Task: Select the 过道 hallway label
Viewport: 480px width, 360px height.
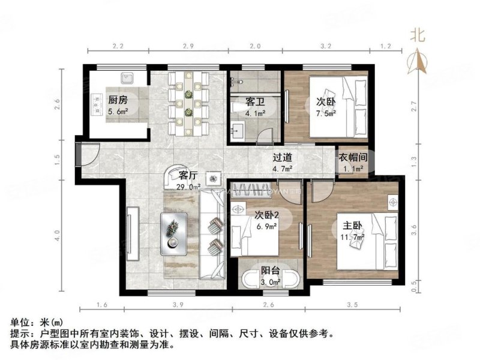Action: pos(283,158)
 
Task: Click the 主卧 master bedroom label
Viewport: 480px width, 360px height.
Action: pos(352,227)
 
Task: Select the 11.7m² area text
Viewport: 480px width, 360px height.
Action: pos(352,238)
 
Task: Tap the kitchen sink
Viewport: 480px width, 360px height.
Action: pos(126,79)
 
